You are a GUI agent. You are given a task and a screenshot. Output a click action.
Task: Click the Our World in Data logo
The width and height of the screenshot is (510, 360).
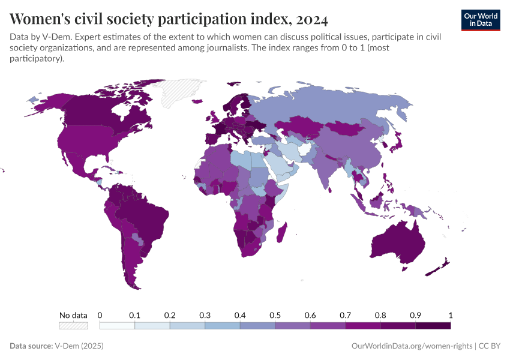pos(480,19)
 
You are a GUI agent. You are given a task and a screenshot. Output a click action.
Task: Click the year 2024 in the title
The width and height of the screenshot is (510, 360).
pos(311,20)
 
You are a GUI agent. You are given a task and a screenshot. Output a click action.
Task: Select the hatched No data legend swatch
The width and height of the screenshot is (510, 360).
pos(73,325)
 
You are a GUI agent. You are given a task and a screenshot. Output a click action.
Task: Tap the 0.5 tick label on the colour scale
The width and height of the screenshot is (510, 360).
pos(275,315)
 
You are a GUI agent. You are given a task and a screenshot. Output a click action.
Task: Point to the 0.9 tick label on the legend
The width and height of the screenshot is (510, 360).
pos(415,315)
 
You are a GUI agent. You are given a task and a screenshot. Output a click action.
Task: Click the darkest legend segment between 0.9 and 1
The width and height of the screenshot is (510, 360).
pos(433,325)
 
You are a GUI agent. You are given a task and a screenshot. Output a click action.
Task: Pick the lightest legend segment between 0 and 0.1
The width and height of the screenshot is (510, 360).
pos(117,325)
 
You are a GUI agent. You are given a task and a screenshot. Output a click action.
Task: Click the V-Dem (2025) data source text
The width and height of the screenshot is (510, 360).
pos(79,346)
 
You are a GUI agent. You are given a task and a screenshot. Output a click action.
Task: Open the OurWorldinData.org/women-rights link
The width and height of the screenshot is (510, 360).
pos(411,346)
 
